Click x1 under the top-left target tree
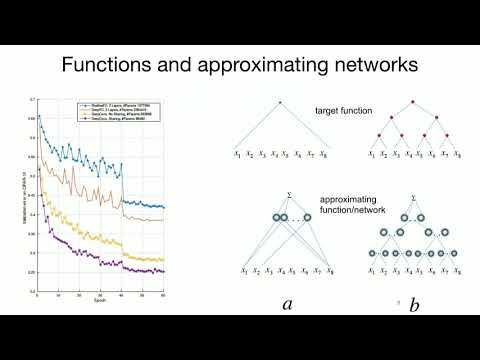(x=238, y=154)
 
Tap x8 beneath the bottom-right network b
(x=458, y=271)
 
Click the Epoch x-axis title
(x=98, y=301)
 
